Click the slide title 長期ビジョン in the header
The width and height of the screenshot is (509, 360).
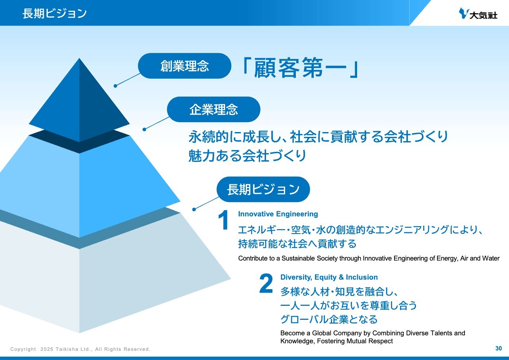click(x=54, y=13)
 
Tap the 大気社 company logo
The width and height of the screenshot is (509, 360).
click(x=478, y=14)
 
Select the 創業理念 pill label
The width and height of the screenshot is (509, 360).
click(x=185, y=66)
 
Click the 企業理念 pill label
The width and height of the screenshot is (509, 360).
click(x=214, y=109)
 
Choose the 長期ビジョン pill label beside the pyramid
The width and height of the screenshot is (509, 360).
click(x=263, y=189)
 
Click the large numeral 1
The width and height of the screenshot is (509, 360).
click(x=223, y=220)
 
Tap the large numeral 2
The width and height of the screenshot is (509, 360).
click(x=266, y=283)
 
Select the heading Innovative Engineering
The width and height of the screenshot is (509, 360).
click(x=278, y=214)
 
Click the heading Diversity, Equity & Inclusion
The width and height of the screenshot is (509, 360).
click(x=329, y=277)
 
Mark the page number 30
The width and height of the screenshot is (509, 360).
click(x=499, y=348)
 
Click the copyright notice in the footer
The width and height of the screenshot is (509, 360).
click(x=80, y=349)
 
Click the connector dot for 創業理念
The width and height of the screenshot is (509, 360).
click(x=115, y=86)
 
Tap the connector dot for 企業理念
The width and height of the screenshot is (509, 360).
click(x=144, y=129)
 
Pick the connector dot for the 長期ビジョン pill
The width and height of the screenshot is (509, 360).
click(x=194, y=209)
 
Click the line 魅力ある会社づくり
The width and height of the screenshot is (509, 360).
click(x=247, y=156)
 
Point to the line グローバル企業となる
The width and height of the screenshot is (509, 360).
click(x=329, y=319)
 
